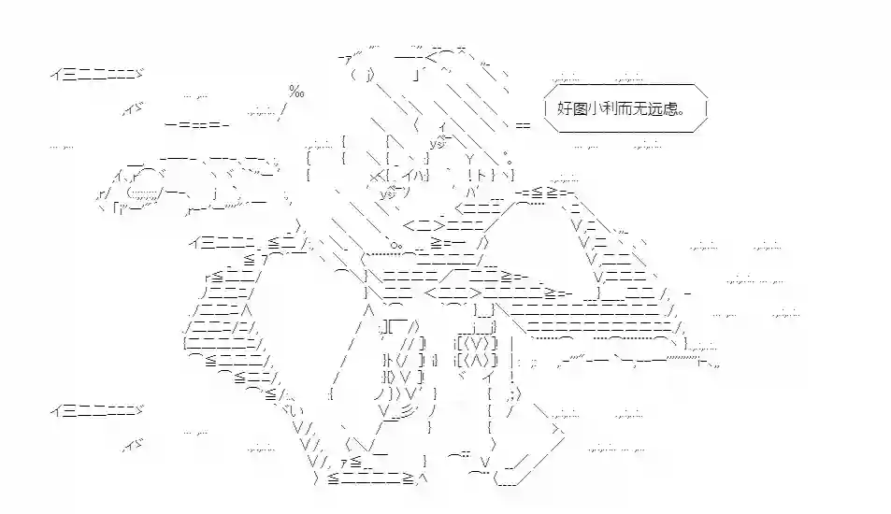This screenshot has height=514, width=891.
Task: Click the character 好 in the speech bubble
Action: (x=565, y=107)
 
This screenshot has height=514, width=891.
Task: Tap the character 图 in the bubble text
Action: (x=581, y=107)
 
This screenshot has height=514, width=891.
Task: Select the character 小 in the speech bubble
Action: (x=597, y=107)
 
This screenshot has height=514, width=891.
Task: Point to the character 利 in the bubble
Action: (x=613, y=107)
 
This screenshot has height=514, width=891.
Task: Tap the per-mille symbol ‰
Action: (x=296, y=91)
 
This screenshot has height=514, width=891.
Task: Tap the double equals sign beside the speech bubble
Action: (x=522, y=124)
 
